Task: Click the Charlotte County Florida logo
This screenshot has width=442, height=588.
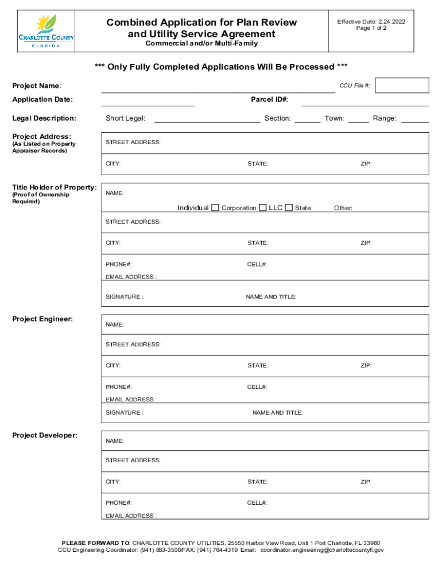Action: (46, 32)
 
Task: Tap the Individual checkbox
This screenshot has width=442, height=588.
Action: (215, 207)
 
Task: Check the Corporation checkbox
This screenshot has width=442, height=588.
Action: (262, 207)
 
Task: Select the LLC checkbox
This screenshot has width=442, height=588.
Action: (289, 207)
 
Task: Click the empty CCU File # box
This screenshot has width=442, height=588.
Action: (402, 85)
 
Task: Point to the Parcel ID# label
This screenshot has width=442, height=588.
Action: (269, 100)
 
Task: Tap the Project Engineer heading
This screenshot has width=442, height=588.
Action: (42, 319)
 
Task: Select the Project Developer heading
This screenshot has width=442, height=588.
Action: (45, 435)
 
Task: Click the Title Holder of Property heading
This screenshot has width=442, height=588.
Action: (55, 187)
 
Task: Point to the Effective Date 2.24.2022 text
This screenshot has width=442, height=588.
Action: (371, 22)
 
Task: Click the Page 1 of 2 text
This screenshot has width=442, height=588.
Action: (371, 29)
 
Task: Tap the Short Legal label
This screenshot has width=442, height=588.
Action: (125, 118)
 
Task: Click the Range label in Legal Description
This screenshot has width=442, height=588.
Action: (384, 118)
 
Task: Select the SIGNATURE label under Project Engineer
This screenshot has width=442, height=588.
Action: (124, 413)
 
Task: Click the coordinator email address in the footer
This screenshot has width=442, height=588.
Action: (322, 550)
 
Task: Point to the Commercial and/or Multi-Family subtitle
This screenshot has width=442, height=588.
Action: (201, 44)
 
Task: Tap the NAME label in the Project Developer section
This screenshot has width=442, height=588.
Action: (115, 441)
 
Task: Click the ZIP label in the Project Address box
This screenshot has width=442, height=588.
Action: (366, 164)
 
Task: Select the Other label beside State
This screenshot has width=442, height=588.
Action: (343, 208)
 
